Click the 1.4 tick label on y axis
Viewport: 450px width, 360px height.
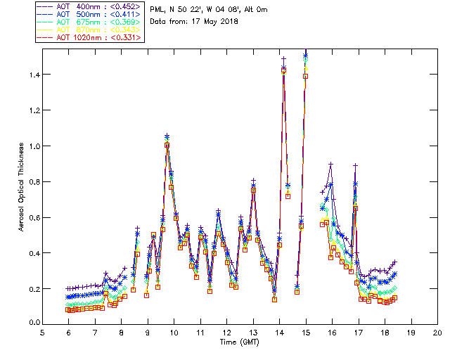pyautogui.click(x=33, y=75)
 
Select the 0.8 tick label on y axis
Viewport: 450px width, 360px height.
pyautogui.click(x=33, y=181)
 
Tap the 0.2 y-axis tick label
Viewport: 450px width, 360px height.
pyautogui.click(x=33, y=289)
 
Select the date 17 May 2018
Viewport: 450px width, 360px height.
pyautogui.click(x=214, y=21)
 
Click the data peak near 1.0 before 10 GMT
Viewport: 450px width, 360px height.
pyautogui.click(x=167, y=144)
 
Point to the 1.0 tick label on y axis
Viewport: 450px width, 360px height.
pyautogui.click(x=33, y=146)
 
